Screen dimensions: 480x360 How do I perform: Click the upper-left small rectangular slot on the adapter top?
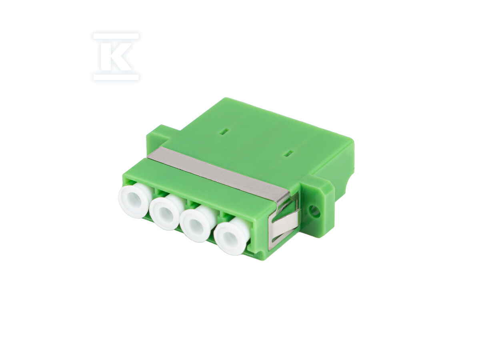point(224,132)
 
